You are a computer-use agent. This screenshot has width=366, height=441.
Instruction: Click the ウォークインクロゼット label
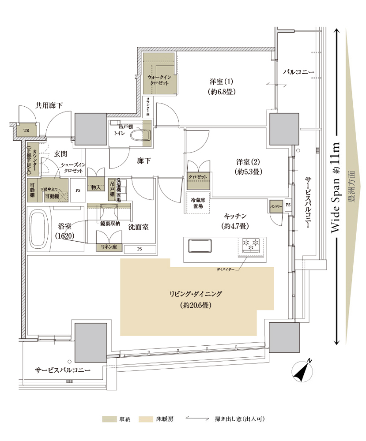tap(159, 79)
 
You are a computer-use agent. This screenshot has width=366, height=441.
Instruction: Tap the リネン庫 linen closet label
tap(109, 247)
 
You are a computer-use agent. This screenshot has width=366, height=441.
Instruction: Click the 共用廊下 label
tap(49, 105)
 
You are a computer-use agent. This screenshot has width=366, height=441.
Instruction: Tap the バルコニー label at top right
tap(298, 71)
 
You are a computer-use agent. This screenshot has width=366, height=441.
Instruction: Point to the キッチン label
tap(232, 217)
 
